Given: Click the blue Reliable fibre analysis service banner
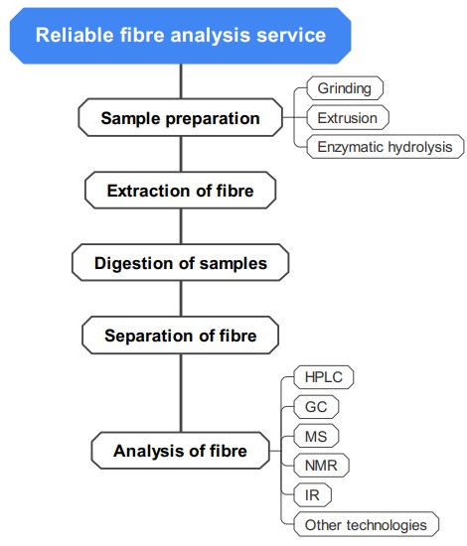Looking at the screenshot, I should coord(181,36).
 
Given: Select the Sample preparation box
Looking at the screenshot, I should coord(180,118).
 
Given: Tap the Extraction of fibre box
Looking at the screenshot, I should coord(180,190).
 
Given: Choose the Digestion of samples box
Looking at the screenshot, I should coord(180,263).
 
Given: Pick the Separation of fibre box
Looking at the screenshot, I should coord(180,336).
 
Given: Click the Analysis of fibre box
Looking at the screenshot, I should coord(180,452).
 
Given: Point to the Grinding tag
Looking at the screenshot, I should coord(344,88).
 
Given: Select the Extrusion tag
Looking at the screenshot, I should coord(347,118).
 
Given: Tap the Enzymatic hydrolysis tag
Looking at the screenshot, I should coord(384,147).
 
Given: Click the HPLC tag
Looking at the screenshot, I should coord(324,378).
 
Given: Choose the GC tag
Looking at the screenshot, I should coord(316,407).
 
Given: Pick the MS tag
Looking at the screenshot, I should coord(317,436).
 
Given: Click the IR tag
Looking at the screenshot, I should coord(313,494).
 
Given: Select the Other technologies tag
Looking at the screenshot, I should coord(366,523).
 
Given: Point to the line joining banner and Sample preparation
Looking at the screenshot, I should coord(180,81).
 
